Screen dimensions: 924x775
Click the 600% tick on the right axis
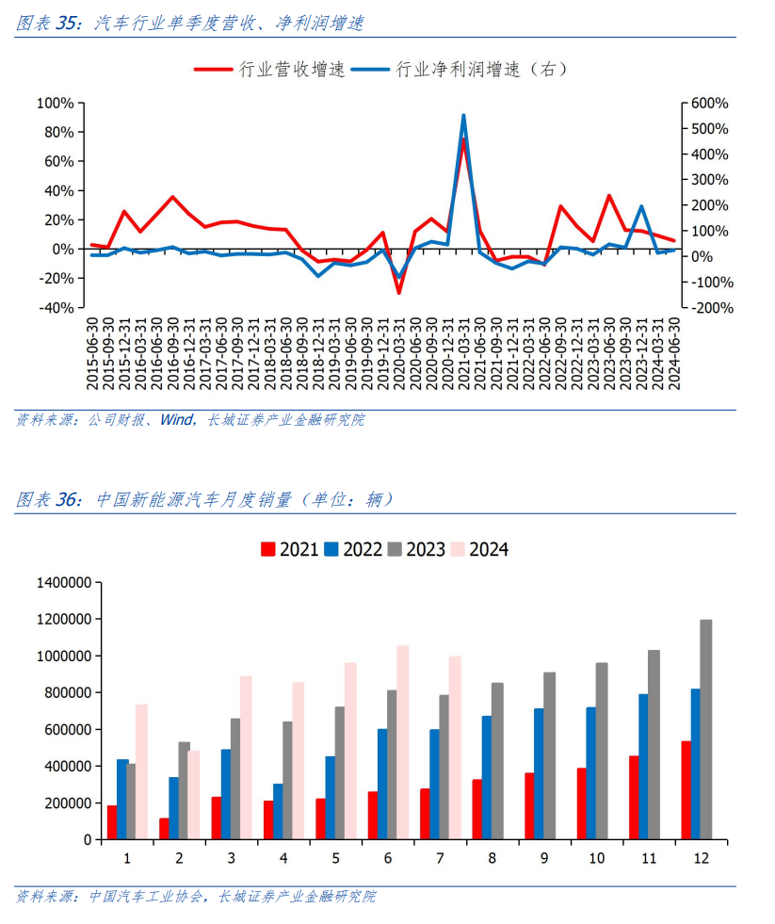[709, 103]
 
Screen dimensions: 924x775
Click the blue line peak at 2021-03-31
[463, 116]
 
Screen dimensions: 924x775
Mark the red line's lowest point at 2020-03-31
[398, 293]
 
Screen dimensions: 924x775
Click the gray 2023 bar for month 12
[706, 729]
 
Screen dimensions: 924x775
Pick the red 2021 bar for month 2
[164, 829]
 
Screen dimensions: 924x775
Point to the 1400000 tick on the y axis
[63, 583]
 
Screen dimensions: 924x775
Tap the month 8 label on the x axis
[493, 858]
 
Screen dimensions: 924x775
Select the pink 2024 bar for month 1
[142, 771]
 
